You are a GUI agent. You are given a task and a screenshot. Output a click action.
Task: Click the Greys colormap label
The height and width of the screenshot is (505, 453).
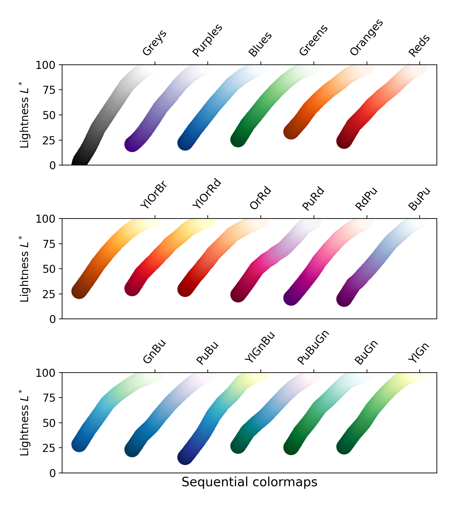[x=155, y=43]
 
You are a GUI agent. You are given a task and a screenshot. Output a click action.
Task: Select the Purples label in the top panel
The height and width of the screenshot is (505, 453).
[x=207, y=40]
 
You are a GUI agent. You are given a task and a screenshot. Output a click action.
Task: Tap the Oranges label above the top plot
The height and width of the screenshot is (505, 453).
[x=367, y=38]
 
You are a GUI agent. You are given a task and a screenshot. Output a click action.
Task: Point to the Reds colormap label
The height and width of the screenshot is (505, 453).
[x=419, y=46]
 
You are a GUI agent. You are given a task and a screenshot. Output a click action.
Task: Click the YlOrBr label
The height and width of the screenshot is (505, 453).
[x=154, y=195]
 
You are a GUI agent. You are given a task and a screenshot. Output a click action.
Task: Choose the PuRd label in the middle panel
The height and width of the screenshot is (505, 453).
[x=313, y=199]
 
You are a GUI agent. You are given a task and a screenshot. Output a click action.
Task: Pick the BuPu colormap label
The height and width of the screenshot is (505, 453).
[x=419, y=199]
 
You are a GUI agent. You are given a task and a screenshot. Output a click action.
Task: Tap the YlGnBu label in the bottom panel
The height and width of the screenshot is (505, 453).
[x=260, y=347]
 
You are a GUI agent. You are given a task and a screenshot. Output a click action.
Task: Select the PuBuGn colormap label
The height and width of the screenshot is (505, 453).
[x=313, y=347]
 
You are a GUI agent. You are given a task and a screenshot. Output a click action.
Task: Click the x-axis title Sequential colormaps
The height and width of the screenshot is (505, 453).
[x=249, y=482]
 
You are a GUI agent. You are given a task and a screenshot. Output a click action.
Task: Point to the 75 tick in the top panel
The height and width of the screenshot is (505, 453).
[x=49, y=90]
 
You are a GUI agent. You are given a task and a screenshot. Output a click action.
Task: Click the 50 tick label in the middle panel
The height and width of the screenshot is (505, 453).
[x=49, y=269]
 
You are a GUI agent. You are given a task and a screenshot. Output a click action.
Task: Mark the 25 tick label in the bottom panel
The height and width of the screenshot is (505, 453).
[x=49, y=448]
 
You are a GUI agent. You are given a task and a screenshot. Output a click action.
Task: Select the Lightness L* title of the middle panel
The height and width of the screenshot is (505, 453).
[x=25, y=269]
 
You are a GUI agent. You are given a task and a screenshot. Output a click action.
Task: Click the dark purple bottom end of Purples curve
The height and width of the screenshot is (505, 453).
[x=132, y=144]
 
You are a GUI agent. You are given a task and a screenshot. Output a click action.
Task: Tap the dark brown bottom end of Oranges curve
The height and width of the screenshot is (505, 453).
[x=291, y=132]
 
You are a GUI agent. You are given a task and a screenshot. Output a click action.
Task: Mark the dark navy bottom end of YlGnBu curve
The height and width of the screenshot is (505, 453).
[x=185, y=457]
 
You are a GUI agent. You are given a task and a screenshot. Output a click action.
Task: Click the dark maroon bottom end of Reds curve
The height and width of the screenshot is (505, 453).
[x=344, y=141]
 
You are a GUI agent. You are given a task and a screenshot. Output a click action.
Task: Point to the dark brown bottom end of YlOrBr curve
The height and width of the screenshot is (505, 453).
[x=79, y=291]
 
